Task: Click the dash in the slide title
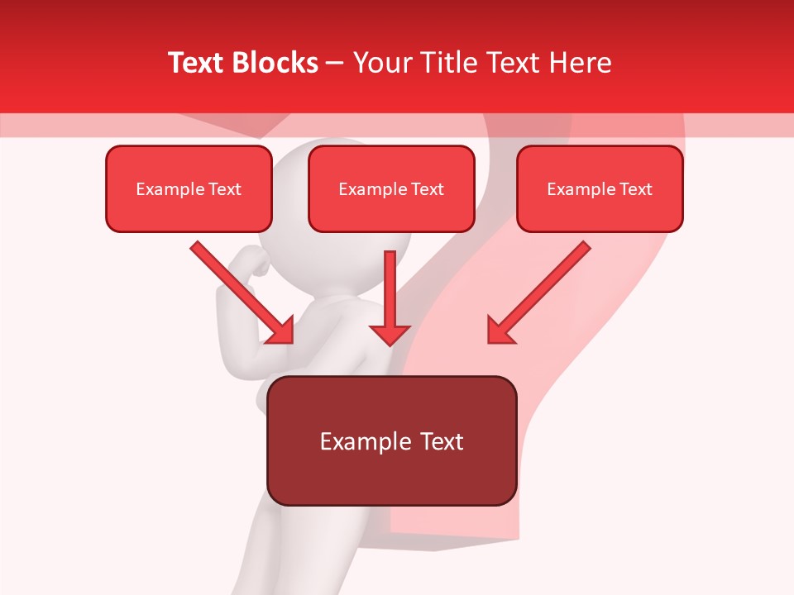(335, 64)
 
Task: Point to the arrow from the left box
(240, 291)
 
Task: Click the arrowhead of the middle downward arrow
(390, 334)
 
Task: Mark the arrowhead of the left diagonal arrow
(281, 331)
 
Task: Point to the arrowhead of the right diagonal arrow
(500, 331)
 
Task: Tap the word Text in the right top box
(635, 189)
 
